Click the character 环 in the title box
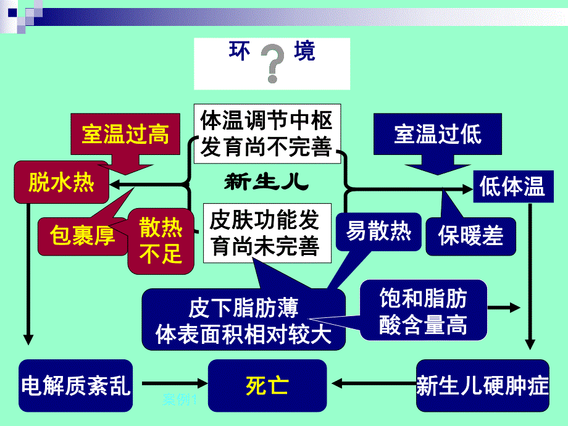(240, 51)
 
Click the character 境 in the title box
(304, 51)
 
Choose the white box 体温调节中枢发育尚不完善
(267, 133)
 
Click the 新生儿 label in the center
(266, 183)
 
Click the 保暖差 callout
(470, 235)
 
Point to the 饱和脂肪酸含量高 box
(423, 312)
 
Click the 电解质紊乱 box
(76, 386)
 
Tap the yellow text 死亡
(267, 386)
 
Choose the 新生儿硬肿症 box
(482, 386)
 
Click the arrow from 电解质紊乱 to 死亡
(170, 386)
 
